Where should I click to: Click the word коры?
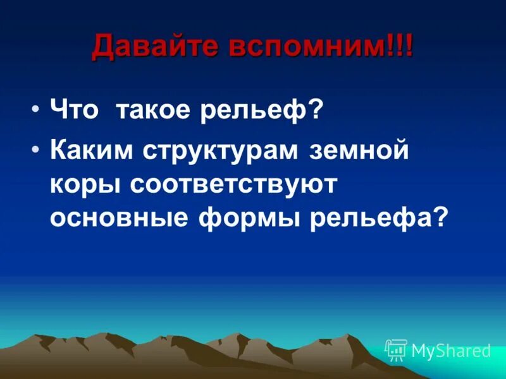85,186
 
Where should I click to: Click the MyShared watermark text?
450,350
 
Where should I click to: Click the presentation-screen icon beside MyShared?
396,349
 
